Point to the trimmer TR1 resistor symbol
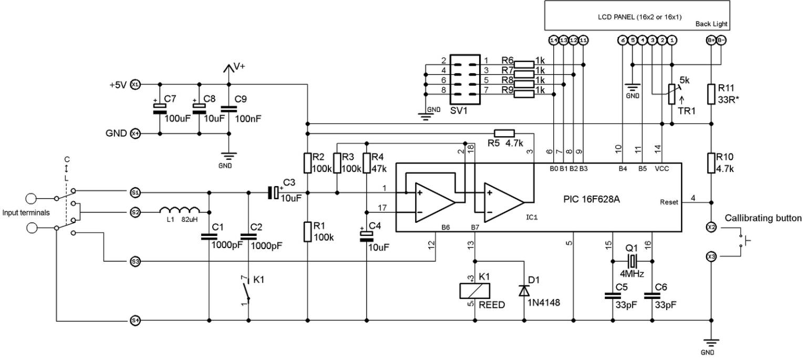click(671, 94)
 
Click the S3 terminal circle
click(135, 261)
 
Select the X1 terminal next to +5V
click(135, 84)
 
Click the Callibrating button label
click(763, 218)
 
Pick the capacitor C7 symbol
click(159, 108)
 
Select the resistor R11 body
click(711, 94)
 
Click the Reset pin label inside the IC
click(670, 202)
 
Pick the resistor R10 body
click(711, 162)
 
